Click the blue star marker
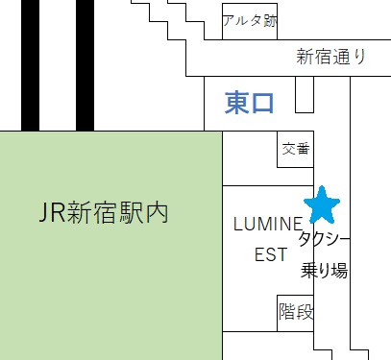(322, 204)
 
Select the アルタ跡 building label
(248, 20)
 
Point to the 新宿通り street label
(331, 58)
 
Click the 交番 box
(296, 149)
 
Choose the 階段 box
(295, 311)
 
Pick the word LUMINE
(261, 224)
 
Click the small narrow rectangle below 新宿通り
(305, 94)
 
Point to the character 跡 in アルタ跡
(269, 20)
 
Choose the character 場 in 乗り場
(338, 270)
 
